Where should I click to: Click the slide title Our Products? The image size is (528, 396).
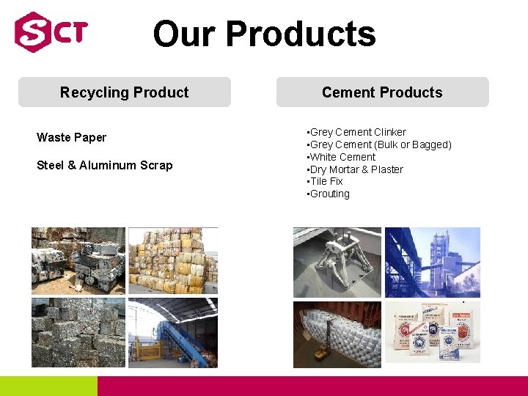pos(264,34)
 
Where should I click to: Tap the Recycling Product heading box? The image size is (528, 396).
pos(125,92)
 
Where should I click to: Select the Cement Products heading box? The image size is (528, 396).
pos(382,92)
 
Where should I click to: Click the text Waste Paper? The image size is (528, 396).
pos(71,137)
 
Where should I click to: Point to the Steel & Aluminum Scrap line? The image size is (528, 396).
pos(105,165)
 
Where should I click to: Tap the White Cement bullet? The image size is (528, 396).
pos(342,157)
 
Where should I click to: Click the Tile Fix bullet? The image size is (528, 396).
pos(326,181)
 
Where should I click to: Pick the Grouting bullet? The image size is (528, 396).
pos(329,194)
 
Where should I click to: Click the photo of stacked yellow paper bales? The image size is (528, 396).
pos(173,260)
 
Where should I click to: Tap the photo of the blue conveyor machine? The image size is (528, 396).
pos(173,332)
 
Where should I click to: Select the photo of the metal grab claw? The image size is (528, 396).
pos(337,262)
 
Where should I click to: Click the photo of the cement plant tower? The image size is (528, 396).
pos(433,262)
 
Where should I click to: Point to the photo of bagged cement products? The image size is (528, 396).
pos(433,331)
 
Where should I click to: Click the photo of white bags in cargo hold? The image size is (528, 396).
pos(337,334)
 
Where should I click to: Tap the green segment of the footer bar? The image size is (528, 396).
pos(48,386)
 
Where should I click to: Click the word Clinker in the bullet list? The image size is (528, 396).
pos(390,132)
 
